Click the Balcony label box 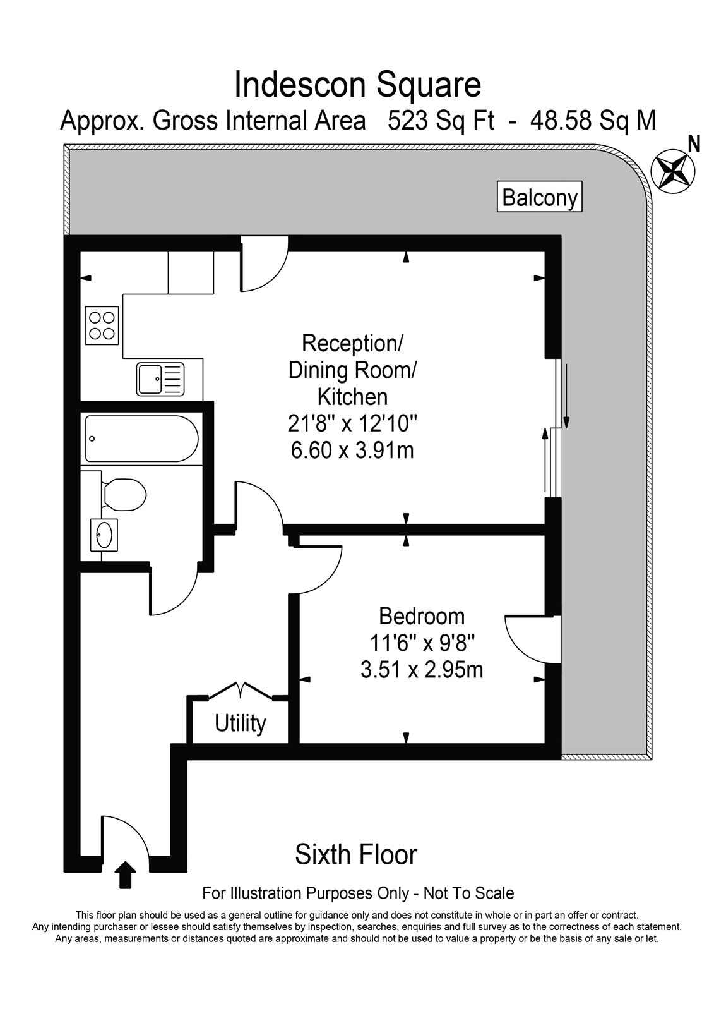pyautogui.click(x=540, y=197)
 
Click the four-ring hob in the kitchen pyautogui.click(x=102, y=325)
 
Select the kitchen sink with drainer pyautogui.click(x=160, y=379)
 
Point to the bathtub pyautogui.click(x=141, y=439)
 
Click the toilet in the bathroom pyautogui.click(x=122, y=494)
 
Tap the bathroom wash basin pyautogui.click(x=104, y=535)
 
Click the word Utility pyautogui.click(x=241, y=724)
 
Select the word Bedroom pyautogui.click(x=422, y=616)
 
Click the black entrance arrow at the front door pyautogui.click(x=127, y=875)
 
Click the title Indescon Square pyautogui.click(x=358, y=85)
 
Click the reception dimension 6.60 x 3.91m pyautogui.click(x=352, y=451)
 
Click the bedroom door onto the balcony pyautogui.click(x=533, y=639)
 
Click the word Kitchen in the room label pyautogui.click(x=352, y=397)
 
